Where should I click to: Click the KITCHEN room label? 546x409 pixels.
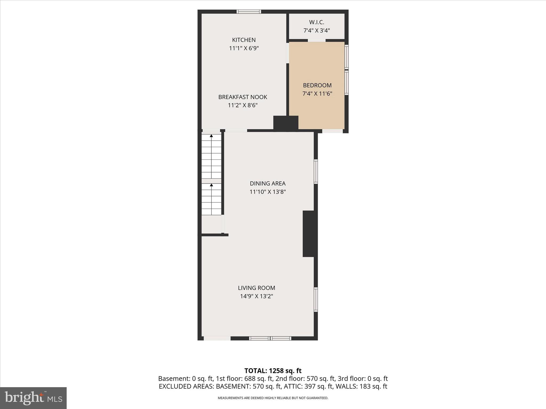(244, 40)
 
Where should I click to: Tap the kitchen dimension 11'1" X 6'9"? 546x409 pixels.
(244, 48)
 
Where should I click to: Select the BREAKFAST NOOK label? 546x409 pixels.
(243, 97)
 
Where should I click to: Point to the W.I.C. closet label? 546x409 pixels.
(316, 22)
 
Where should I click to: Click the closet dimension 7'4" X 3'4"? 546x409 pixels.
(316, 30)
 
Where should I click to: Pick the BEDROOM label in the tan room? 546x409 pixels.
(317, 85)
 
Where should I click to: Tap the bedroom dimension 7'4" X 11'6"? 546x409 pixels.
(317, 93)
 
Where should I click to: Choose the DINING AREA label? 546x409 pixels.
(267, 183)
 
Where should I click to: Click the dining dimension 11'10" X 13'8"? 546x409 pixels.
(267, 192)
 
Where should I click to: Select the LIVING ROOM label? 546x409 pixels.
(256, 288)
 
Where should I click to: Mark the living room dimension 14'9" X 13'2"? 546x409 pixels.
(256, 296)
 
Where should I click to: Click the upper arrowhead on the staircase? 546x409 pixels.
(211, 136)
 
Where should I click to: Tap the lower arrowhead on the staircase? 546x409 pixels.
(211, 185)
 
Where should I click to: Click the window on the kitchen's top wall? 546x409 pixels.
(249, 11)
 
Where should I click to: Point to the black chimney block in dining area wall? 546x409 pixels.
(309, 234)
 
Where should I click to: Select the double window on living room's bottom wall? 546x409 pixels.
(270, 338)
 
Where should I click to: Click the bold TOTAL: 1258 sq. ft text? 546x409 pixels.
(273, 371)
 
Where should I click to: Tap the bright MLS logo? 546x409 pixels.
(33, 398)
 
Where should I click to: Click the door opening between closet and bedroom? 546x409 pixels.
(317, 40)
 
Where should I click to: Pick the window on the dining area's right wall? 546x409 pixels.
(316, 171)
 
